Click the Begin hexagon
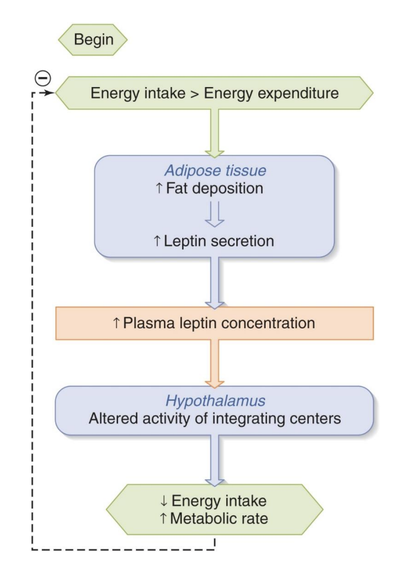(x=94, y=40)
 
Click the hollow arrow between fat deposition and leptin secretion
(x=214, y=215)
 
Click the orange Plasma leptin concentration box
(x=214, y=323)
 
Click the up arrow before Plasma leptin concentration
(x=116, y=323)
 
